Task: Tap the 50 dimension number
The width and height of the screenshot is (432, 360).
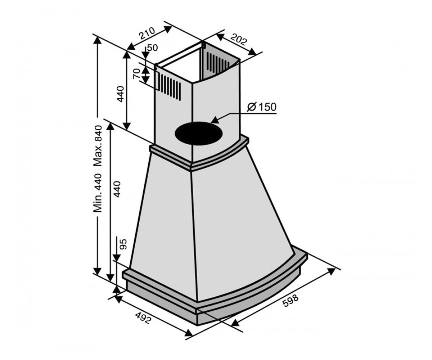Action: [153, 48]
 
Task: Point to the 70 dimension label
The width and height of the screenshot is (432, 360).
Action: [136, 73]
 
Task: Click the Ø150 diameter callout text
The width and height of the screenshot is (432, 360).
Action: [262, 107]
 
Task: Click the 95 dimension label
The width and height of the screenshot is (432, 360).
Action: [123, 244]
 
